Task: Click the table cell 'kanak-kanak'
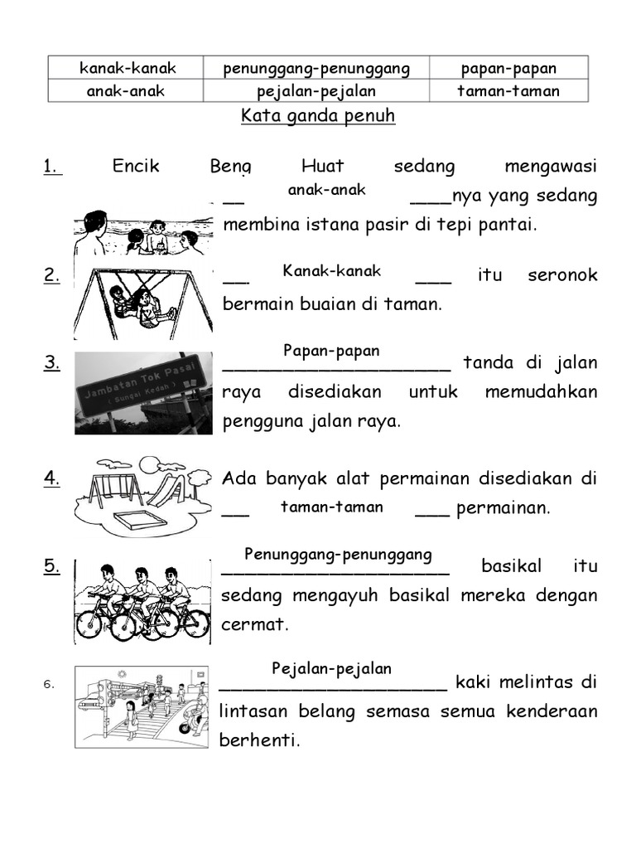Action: point(128,68)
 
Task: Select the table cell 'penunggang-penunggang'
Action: point(316,68)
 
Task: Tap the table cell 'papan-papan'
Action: point(508,68)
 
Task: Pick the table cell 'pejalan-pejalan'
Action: point(316,90)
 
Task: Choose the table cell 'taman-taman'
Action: point(508,90)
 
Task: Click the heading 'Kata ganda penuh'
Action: point(318,116)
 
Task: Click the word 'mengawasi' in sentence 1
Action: point(550,167)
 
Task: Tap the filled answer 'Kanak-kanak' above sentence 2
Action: point(331,270)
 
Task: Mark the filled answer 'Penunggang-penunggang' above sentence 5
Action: point(338,554)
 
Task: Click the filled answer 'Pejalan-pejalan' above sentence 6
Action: point(332,668)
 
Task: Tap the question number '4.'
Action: point(51,478)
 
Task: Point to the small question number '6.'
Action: point(49,684)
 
